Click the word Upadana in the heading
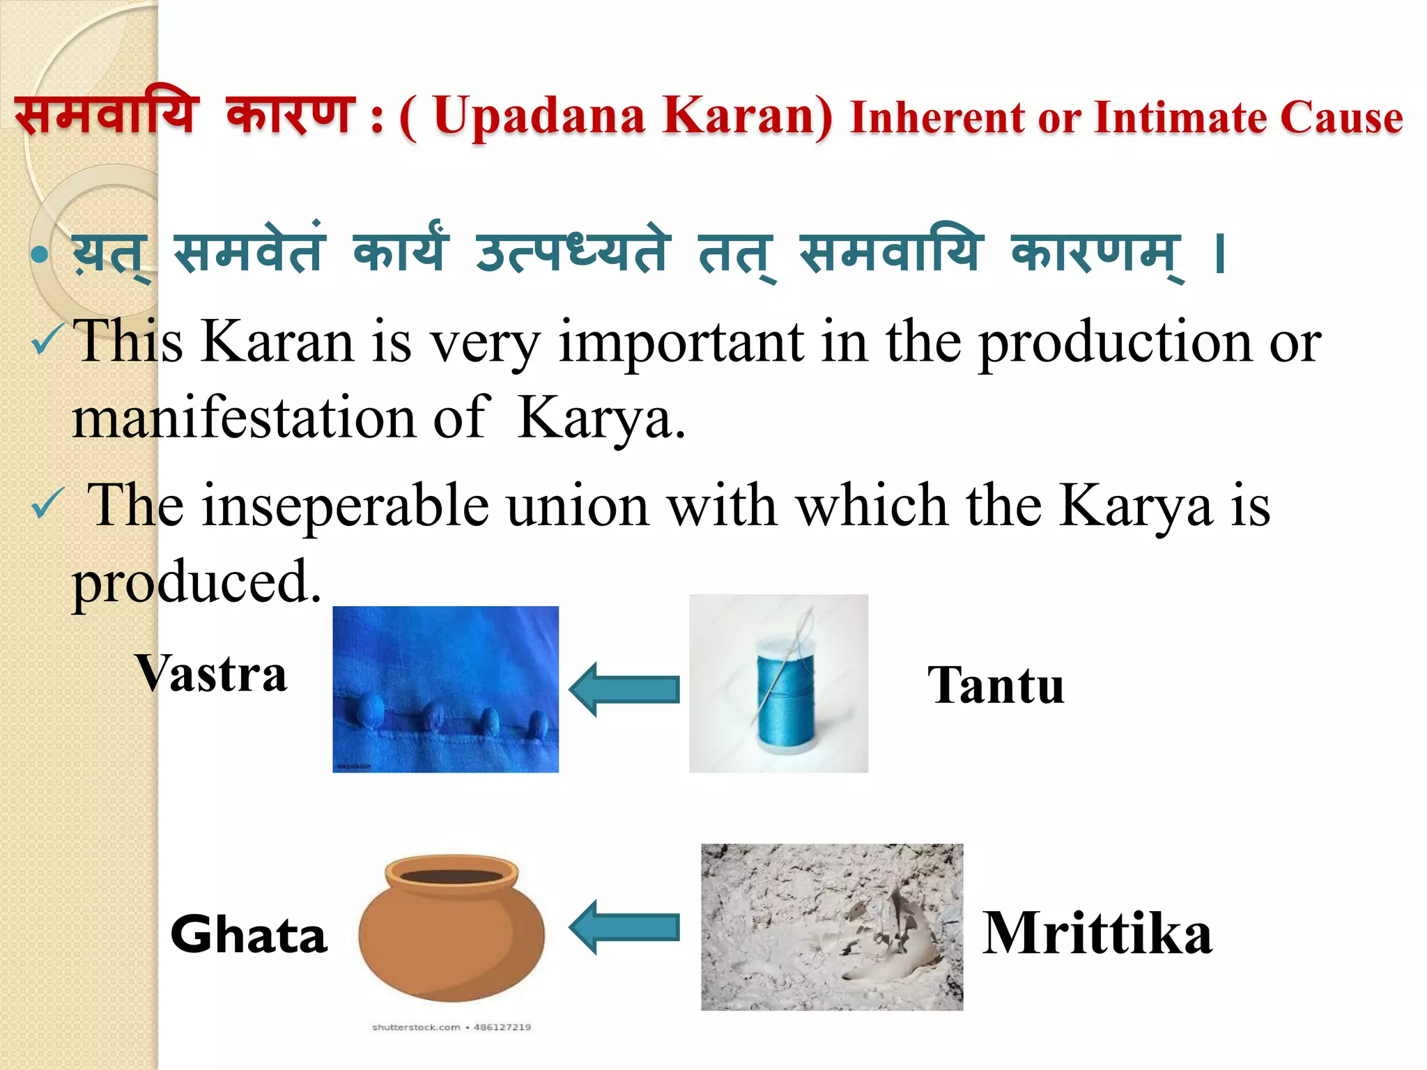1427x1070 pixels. click(539, 116)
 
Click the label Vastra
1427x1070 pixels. click(210, 674)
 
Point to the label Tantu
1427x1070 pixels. click(996, 685)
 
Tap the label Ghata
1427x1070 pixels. click(249, 934)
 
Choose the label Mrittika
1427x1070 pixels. click(1097, 933)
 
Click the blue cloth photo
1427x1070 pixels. click(445, 689)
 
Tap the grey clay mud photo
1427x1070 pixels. click(832, 927)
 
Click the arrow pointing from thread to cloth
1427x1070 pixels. click(624, 689)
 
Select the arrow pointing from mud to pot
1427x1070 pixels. click(624, 927)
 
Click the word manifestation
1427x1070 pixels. click(244, 418)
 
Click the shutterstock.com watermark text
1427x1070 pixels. click(416, 1027)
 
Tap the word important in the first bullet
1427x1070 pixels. click(681, 342)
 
